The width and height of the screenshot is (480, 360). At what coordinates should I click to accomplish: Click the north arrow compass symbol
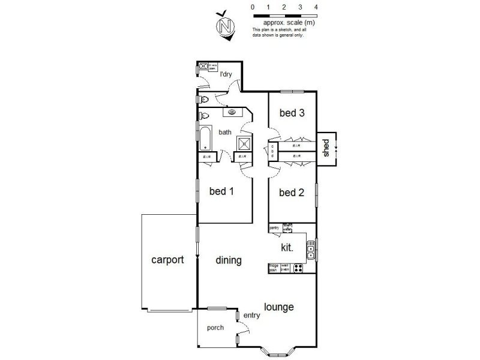coord(226,26)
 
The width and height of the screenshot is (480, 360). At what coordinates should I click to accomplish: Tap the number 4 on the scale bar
coord(316,7)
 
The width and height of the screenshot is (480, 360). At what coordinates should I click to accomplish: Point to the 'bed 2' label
coord(292,193)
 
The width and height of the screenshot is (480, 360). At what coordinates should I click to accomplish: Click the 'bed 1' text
coord(221,191)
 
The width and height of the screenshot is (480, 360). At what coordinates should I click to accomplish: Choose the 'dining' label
coord(229,260)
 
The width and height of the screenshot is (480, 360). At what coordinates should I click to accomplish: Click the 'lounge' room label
coord(279,307)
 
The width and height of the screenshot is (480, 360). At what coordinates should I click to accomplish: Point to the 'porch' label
coord(215,328)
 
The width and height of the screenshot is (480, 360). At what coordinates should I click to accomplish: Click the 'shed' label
coord(327,148)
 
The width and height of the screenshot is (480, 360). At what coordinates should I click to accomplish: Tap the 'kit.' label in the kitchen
coord(287,247)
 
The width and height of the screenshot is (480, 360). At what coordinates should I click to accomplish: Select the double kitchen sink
coord(310,250)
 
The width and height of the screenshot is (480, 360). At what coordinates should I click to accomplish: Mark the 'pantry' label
coord(274,227)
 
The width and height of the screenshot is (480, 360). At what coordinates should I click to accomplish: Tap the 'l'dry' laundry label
coord(226,74)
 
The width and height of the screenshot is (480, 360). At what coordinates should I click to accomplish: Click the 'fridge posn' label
coord(274,268)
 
